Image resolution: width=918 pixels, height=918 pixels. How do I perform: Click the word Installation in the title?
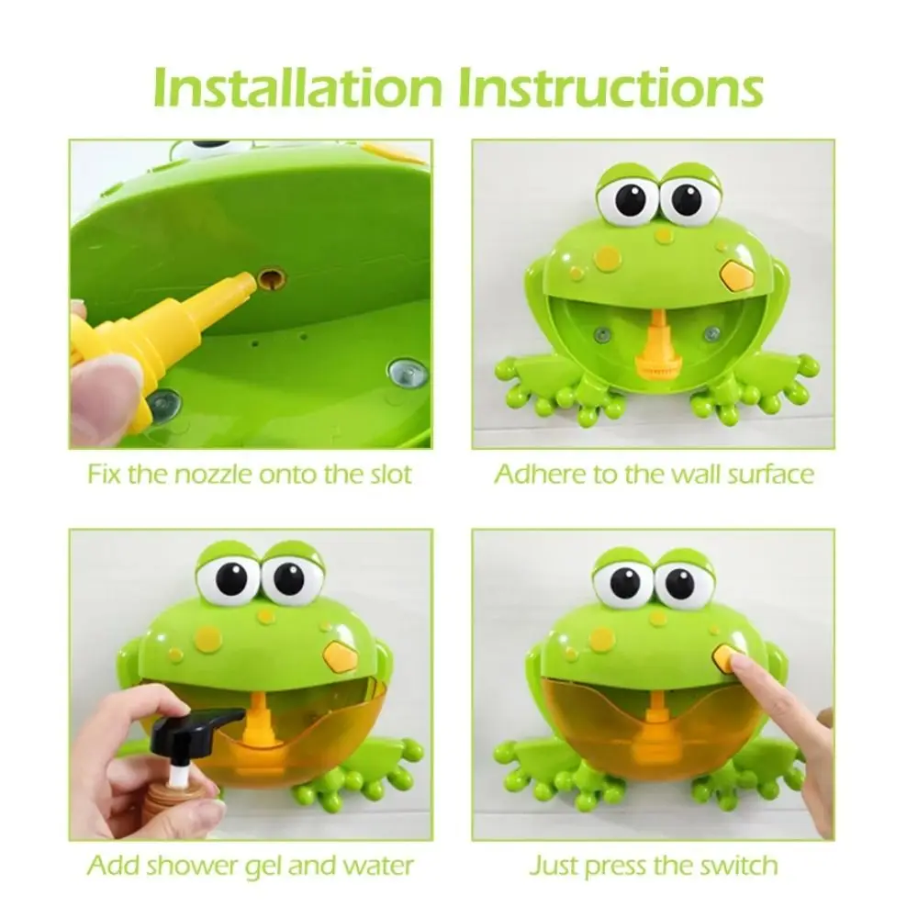point(299,87)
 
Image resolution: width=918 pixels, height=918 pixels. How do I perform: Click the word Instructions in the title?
point(610,87)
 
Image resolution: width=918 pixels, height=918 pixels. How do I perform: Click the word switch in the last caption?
point(735,865)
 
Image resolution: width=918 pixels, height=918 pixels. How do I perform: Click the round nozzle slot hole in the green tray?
point(271,277)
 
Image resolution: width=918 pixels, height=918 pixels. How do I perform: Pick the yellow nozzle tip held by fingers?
point(241,287)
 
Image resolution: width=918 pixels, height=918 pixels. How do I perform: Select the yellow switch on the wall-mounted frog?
point(734,274)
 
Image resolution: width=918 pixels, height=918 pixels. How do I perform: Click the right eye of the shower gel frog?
point(293,579)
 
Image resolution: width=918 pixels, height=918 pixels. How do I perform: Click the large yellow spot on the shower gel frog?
point(208,639)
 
